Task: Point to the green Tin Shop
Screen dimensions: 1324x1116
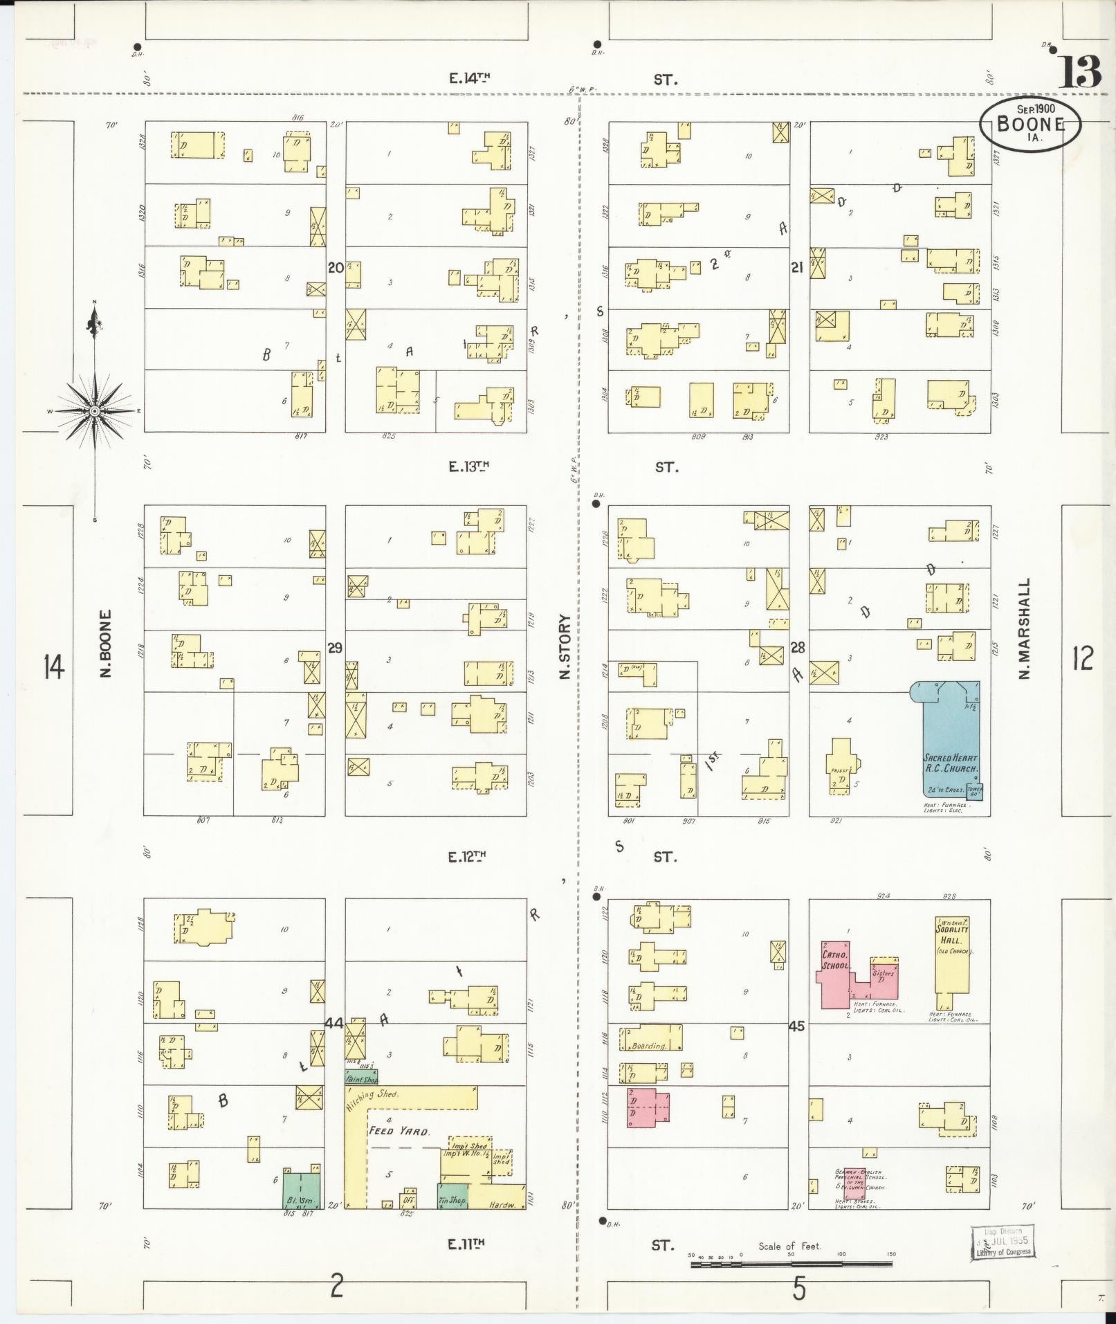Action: (x=452, y=1195)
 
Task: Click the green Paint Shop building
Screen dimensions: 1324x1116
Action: (x=361, y=1077)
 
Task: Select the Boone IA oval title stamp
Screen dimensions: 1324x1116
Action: (x=1030, y=123)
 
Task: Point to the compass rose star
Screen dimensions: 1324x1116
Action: (x=94, y=411)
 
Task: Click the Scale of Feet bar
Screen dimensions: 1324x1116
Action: (x=791, y=1264)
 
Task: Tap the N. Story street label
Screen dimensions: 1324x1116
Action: (x=565, y=646)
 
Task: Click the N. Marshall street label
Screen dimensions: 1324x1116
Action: (x=1025, y=628)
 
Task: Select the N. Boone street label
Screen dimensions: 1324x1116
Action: (x=106, y=642)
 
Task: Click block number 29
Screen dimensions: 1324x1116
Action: (x=335, y=649)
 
